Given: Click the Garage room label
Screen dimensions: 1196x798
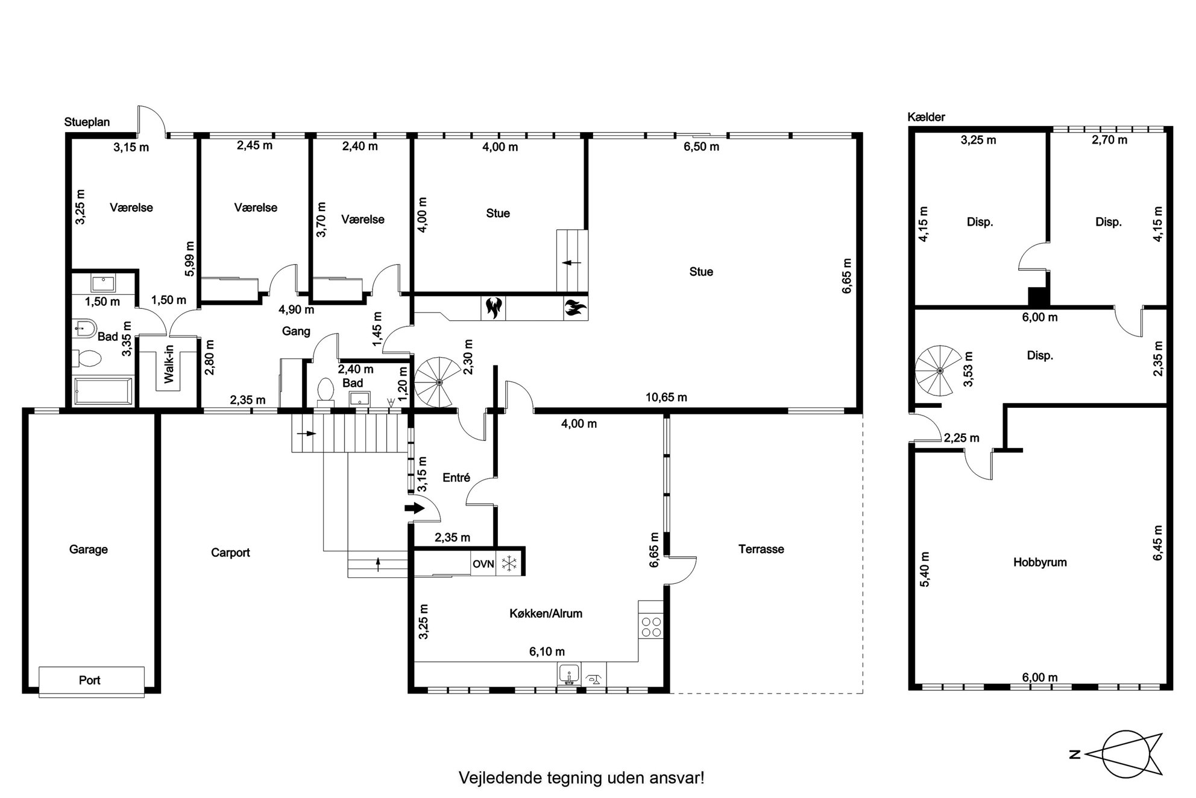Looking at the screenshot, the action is tap(89, 549).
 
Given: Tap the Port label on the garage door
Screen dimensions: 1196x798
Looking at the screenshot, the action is tap(90, 680).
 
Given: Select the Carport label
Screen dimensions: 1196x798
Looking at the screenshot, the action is tap(230, 553).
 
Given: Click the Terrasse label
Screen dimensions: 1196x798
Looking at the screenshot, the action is tap(761, 549).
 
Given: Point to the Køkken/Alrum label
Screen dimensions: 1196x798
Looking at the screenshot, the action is tap(546, 613).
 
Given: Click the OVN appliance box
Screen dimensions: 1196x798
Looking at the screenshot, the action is tap(483, 565).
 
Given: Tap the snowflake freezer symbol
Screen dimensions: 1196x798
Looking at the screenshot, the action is tap(510, 565).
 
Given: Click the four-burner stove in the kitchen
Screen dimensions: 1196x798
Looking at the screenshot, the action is tap(651, 627).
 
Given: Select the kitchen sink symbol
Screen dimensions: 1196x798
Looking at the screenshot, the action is tap(569, 675).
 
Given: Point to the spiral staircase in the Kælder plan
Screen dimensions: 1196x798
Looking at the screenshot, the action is tap(939, 370).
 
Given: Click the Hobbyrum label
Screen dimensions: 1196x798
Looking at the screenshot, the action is tap(1040, 562).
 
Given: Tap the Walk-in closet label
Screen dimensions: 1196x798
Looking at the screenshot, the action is tap(169, 364).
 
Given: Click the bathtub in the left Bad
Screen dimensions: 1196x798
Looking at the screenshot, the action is tap(102, 391).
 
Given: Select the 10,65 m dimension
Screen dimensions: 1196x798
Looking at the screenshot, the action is tap(666, 397).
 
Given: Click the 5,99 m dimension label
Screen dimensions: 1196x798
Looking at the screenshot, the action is tap(190, 259).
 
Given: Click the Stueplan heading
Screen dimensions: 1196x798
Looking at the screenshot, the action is tap(87, 122).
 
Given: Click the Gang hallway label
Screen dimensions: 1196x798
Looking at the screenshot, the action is tap(296, 331).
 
